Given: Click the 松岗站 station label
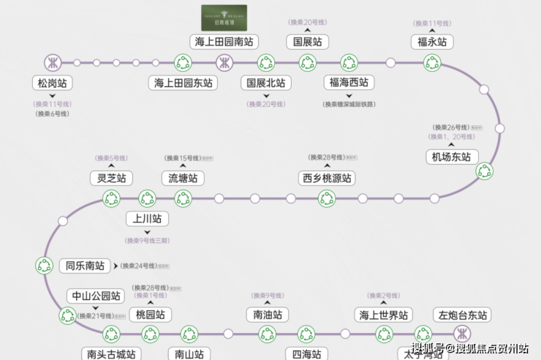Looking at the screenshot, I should click(x=52, y=83).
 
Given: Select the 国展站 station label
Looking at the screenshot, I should click(x=307, y=41).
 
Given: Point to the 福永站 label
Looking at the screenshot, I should click(x=431, y=41).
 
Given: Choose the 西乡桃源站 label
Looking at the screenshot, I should click(x=326, y=178).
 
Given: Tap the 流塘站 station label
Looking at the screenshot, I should click(x=183, y=178).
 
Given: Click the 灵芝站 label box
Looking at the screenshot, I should click(x=111, y=178).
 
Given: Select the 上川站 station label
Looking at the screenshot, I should click(x=147, y=218).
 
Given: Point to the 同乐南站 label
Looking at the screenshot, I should click(x=85, y=266).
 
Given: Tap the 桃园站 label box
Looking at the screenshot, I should click(x=150, y=315).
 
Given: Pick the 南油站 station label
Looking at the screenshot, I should click(x=267, y=315).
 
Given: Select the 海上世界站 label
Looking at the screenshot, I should click(x=382, y=315).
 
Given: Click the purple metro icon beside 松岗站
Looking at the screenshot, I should click(x=52, y=62).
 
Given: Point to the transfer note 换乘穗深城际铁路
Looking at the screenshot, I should click(x=349, y=104).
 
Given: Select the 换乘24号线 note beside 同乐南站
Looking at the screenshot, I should click(x=139, y=266).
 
